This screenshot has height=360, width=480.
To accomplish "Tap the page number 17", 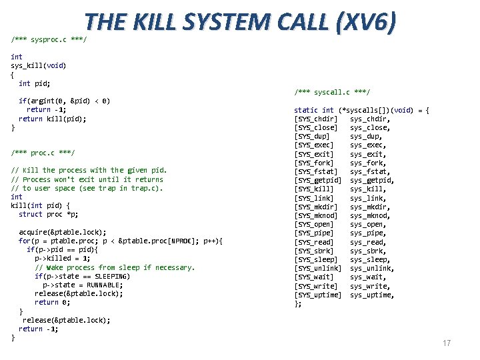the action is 447,343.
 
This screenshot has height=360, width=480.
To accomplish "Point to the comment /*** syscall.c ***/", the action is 332,92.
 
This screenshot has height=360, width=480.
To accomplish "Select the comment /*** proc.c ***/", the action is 43,153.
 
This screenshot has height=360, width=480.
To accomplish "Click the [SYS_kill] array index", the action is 314,189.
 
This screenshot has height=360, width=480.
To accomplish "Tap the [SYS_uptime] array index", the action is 318,295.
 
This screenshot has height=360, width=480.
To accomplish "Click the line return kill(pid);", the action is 53,119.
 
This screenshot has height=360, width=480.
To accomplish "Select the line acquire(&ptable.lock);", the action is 63,232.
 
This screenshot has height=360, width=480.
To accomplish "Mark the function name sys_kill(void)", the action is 39,65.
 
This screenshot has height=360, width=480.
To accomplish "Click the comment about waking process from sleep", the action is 115,267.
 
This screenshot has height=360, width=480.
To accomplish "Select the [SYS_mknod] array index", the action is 316,215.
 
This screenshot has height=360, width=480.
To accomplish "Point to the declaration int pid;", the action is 35,83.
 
